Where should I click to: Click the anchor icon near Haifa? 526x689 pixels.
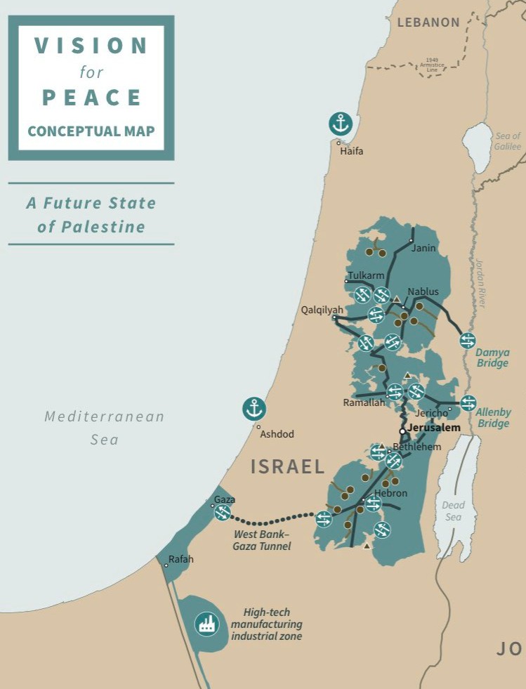340,124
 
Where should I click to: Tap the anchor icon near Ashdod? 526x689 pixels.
254,408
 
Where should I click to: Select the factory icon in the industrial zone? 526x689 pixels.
206,623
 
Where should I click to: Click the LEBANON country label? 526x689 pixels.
428,22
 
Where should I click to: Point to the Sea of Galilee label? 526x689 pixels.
507,141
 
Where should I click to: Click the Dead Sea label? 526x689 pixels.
453,511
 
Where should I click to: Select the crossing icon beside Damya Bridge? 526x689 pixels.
468,341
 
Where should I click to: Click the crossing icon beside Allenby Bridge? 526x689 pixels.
468,402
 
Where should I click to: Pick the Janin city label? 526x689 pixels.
423,248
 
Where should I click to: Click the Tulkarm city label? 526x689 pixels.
366,276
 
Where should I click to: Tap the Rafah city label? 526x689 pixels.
180,560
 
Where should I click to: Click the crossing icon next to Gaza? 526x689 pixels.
222,513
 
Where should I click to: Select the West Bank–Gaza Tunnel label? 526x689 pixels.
261,540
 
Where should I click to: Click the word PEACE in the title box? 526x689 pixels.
91,98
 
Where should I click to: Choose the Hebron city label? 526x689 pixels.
390,493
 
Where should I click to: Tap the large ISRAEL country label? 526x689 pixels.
288,466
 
